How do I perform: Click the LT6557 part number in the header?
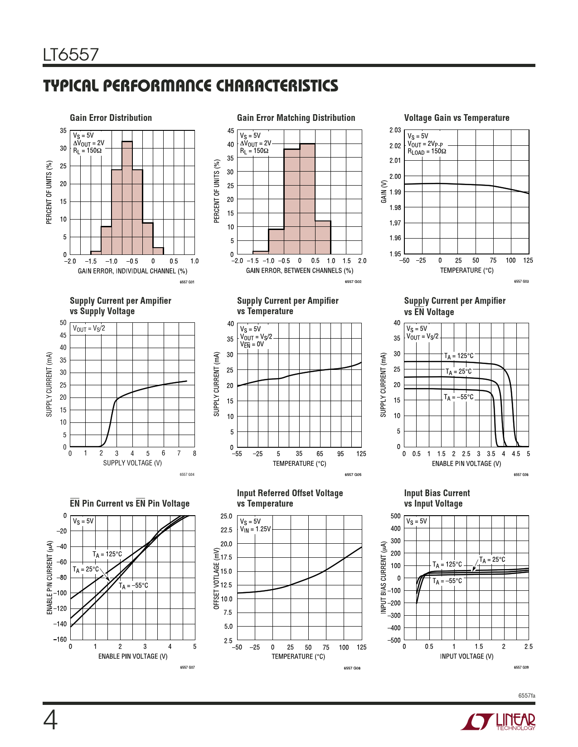pyautogui.click(x=71, y=55)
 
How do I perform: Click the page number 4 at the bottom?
pyautogui.click(x=50, y=721)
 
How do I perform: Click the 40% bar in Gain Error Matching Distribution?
pyautogui.click(x=307, y=199)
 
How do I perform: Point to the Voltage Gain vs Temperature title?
pyautogui.click(x=457, y=118)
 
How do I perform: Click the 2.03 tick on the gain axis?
pyautogui.click(x=395, y=130)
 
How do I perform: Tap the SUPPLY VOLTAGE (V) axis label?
pyautogui.click(x=132, y=463)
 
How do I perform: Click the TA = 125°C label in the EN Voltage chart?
pyautogui.click(x=458, y=356)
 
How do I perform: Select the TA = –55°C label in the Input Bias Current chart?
pyautogui.click(x=447, y=581)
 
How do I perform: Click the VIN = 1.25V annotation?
pyautogui.click(x=255, y=529)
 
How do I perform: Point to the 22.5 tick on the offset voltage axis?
pyautogui.click(x=226, y=530)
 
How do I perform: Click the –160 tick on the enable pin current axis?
pyautogui.click(x=60, y=639)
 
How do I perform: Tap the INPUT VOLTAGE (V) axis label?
pyautogui.click(x=466, y=656)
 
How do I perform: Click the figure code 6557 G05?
pyautogui.click(x=353, y=474)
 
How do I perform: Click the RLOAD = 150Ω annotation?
pyautogui.click(x=427, y=152)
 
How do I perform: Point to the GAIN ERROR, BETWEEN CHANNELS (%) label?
pyautogui.click(x=299, y=271)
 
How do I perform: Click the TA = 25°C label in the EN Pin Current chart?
pyautogui.click(x=86, y=570)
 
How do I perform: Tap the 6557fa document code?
pyautogui.click(x=527, y=695)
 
